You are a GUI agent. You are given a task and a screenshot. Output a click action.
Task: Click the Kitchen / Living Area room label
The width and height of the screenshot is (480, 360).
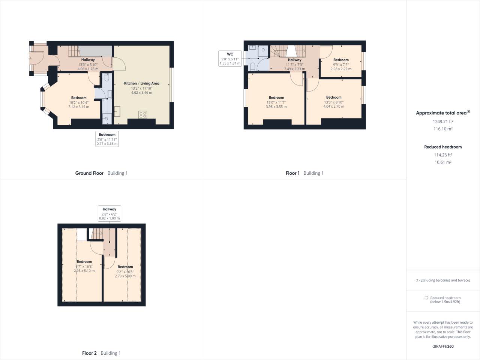141,83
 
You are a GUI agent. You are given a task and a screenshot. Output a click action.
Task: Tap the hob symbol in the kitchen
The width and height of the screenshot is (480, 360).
142,114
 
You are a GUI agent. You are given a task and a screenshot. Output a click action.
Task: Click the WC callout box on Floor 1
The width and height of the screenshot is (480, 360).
230,59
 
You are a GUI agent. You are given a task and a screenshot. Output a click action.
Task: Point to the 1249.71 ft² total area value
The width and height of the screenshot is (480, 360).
443,121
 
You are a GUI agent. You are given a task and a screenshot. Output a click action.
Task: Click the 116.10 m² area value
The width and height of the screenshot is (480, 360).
443,129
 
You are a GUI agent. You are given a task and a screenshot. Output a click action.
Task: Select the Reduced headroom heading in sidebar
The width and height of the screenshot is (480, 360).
443,147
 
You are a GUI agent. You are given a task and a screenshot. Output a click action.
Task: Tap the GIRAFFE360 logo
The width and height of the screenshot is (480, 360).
443,346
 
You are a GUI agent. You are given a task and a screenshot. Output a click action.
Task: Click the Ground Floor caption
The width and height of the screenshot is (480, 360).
89,173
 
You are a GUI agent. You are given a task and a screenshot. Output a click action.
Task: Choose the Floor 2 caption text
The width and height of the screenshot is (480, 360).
89,353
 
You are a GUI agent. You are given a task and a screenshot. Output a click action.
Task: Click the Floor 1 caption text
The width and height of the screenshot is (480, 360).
292,173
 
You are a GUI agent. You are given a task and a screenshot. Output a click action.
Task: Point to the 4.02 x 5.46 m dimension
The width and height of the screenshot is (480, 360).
141,93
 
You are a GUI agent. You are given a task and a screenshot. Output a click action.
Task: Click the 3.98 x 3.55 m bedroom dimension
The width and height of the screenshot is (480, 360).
276,106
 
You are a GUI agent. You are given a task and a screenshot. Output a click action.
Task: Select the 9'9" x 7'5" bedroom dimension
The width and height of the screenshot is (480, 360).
341,64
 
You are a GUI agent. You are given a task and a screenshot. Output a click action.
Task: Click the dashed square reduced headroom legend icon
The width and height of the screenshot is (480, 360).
426,298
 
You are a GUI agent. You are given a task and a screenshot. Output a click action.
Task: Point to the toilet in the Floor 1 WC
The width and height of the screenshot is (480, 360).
253,67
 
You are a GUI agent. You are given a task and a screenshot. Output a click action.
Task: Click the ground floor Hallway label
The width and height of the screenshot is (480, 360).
88,60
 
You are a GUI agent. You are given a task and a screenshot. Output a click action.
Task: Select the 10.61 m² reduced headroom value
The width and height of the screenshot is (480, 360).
443,162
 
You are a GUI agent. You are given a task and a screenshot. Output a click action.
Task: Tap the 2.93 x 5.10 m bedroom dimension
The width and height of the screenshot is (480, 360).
84,271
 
